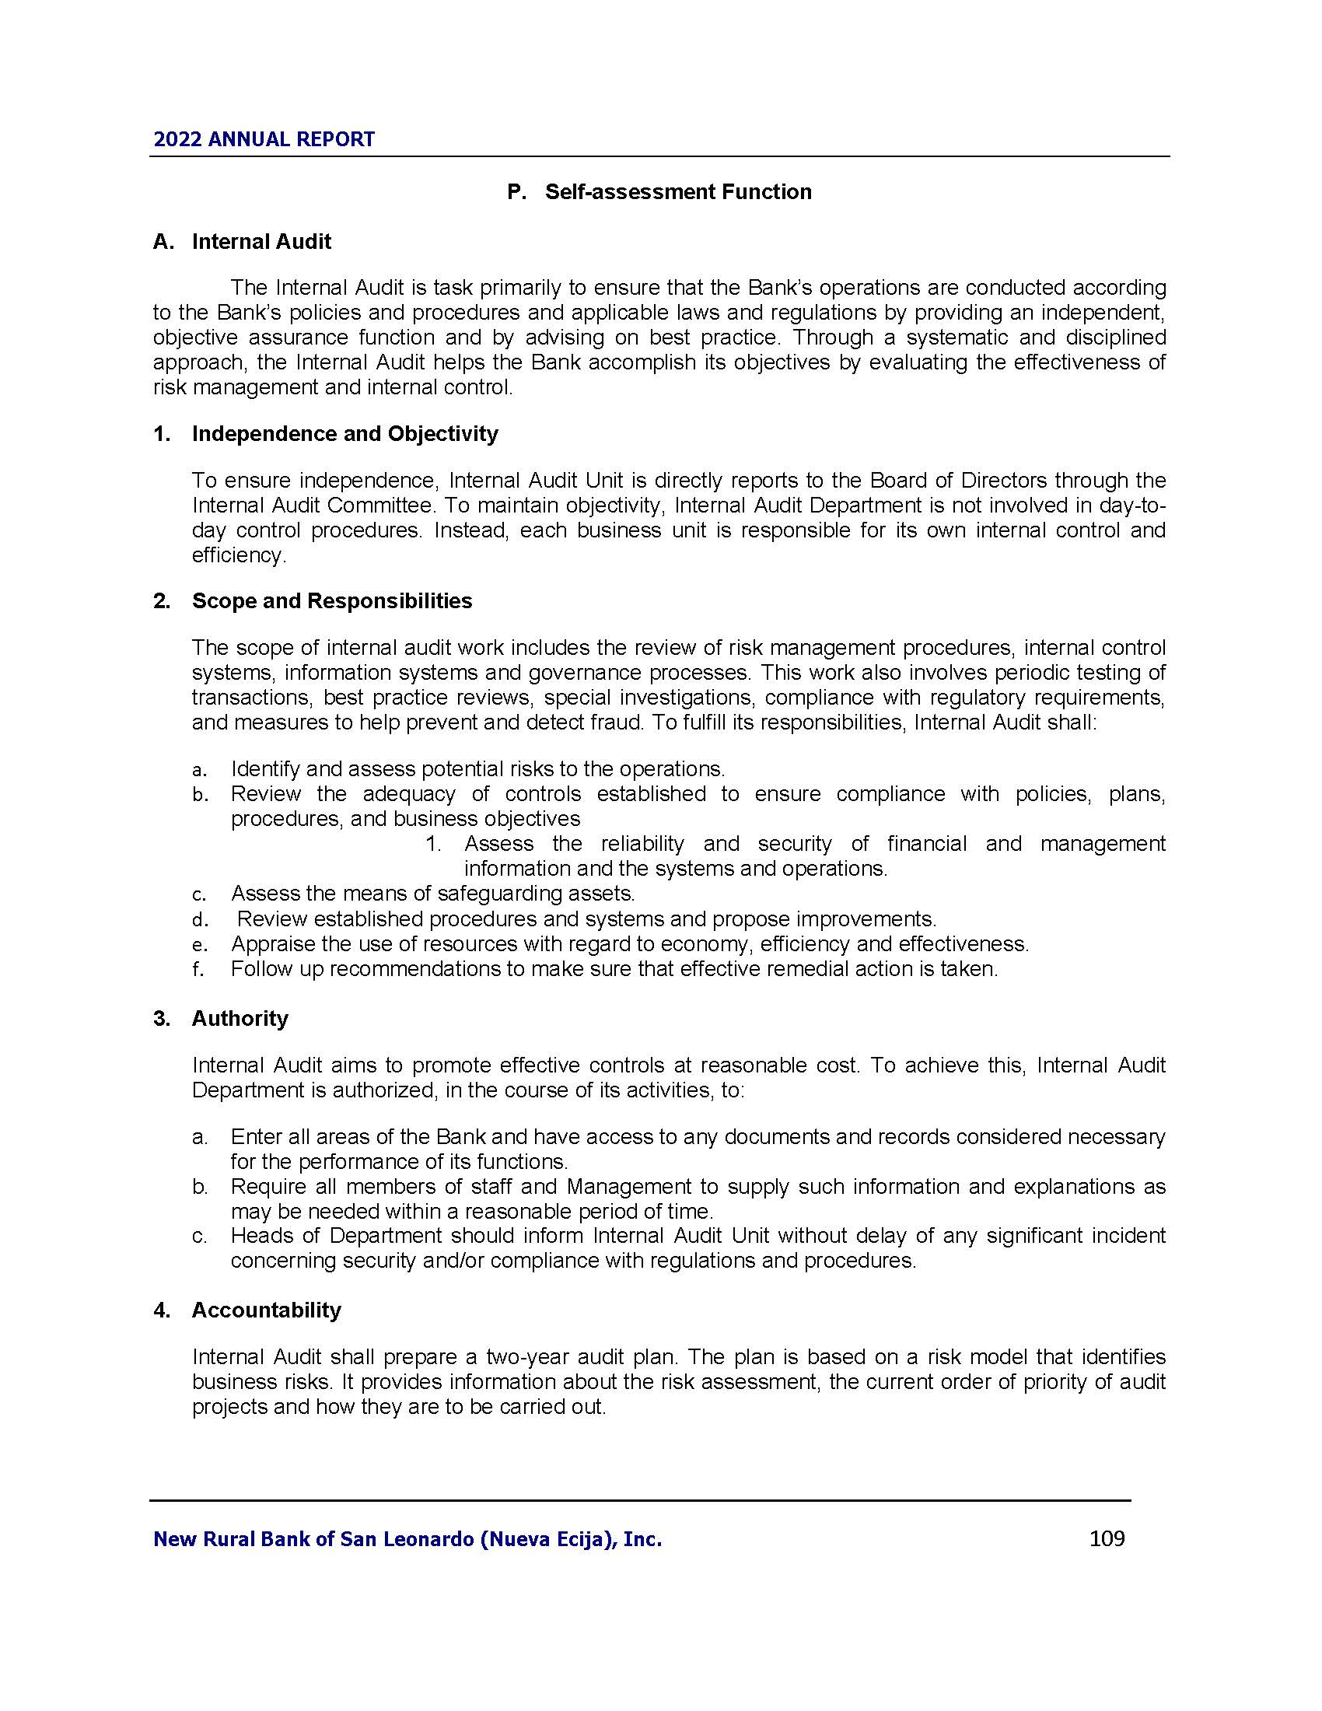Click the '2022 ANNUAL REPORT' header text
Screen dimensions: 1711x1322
click(264, 139)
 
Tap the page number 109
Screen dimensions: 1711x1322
click(1107, 1538)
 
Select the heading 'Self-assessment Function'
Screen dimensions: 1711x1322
click(678, 192)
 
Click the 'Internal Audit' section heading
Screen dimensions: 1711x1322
click(261, 241)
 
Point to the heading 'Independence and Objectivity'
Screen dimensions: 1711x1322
click(344, 433)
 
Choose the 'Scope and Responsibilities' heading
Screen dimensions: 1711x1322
click(332, 601)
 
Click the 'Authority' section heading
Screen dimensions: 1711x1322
click(240, 1018)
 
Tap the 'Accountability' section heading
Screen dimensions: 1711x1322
click(266, 1310)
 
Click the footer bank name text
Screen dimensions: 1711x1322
click(407, 1539)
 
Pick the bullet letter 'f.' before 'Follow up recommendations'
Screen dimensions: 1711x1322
click(198, 969)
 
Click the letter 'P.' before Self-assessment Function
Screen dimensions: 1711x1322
click(516, 192)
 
